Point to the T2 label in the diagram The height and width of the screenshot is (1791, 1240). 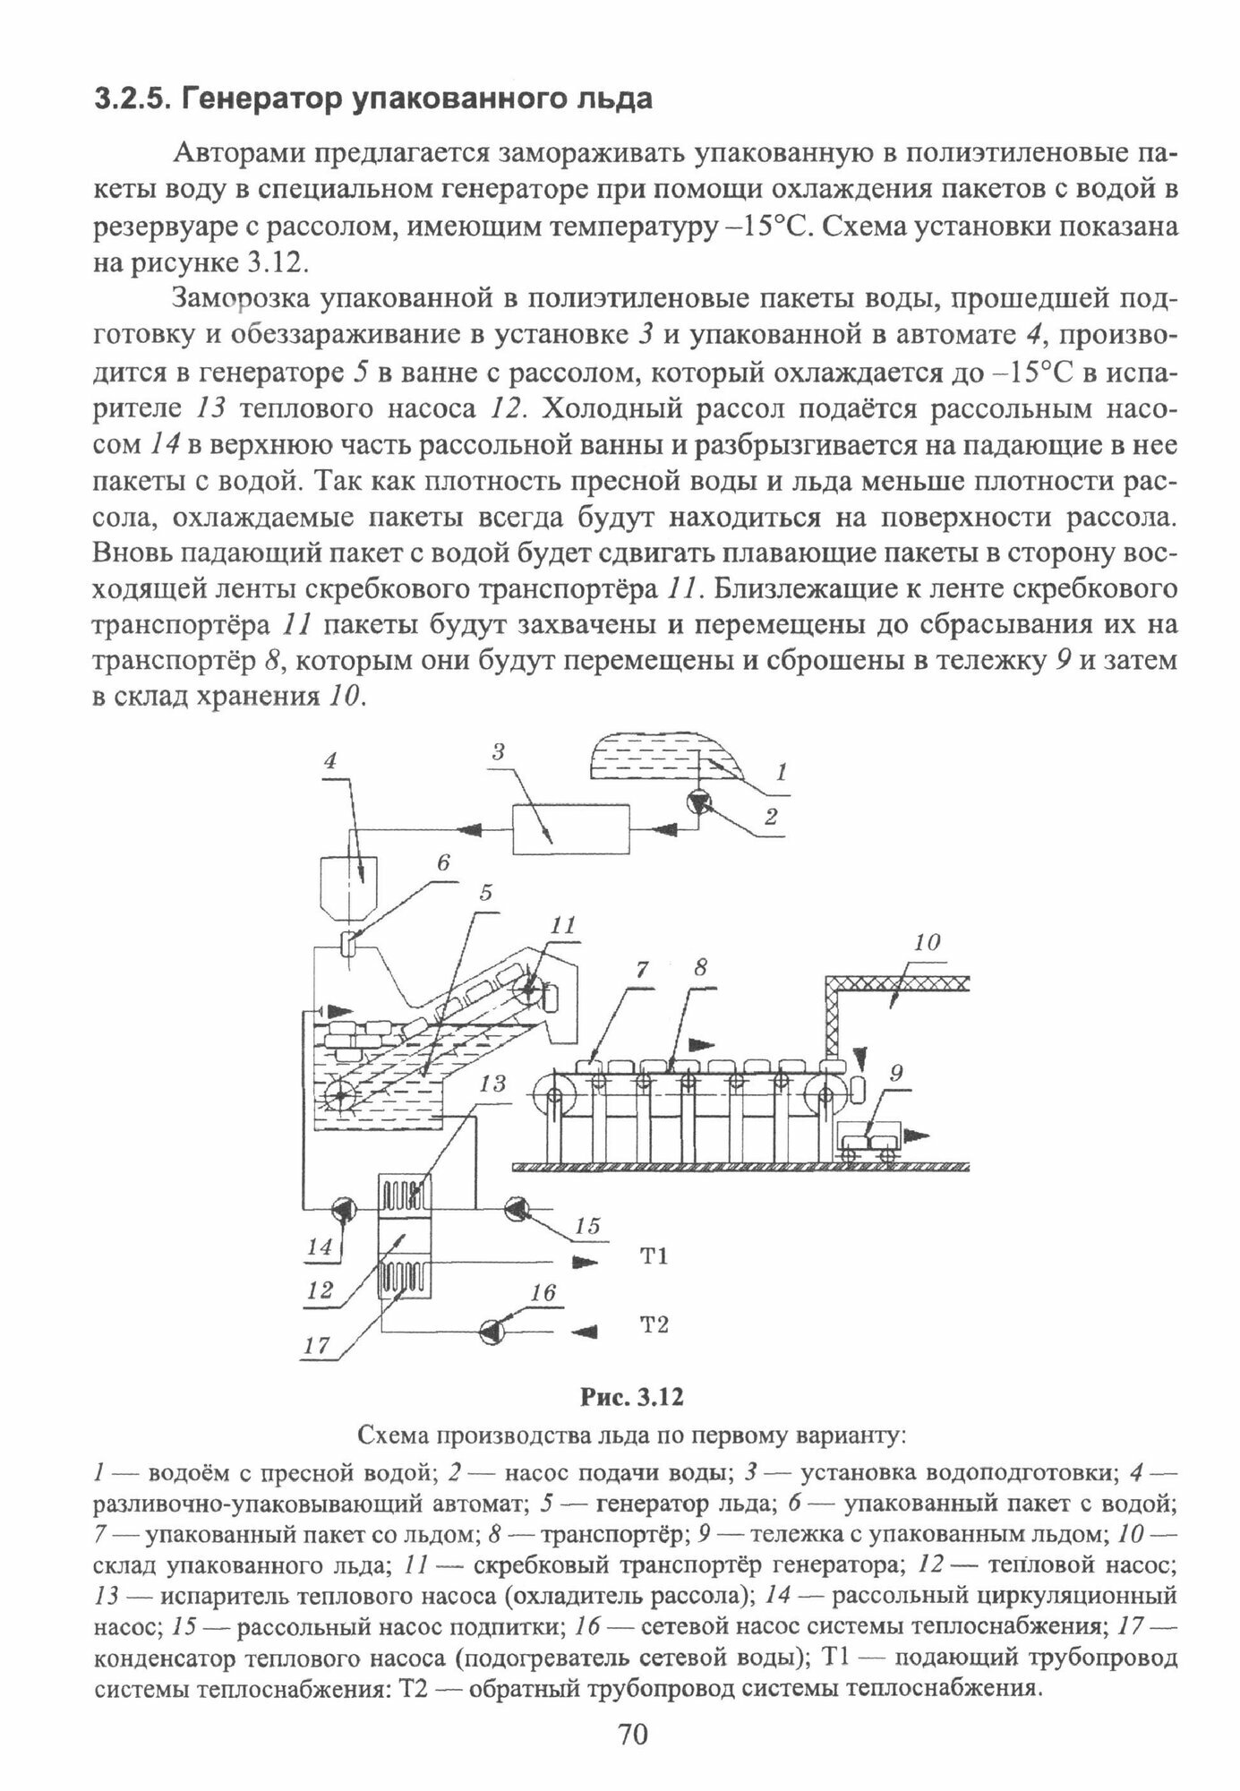click(x=654, y=1324)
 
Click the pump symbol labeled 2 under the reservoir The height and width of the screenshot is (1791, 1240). click(x=698, y=803)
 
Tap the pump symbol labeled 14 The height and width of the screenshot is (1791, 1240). click(x=343, y=1209)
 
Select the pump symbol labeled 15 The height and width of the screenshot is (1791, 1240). click(x=518, y=1209)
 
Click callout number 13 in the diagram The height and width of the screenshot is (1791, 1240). click(x=492, y=1084)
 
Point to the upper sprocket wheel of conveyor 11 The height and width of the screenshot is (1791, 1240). click(x=529, y=991)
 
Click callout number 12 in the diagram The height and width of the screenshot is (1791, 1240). click(x=320, y=1290)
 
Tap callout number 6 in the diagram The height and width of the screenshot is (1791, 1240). click(x=442, y=863)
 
